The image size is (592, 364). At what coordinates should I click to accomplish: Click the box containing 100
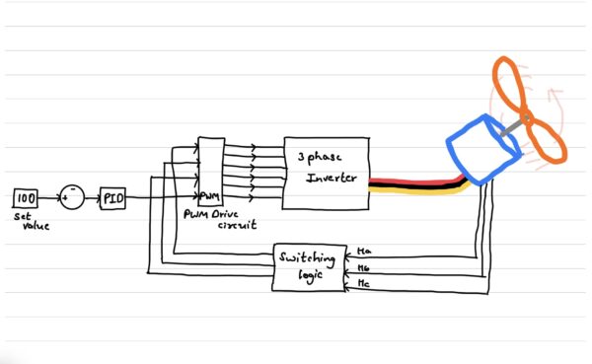point(27,197)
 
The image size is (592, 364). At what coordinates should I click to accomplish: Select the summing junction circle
point(70,196)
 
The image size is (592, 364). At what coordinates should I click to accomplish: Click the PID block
point(113,197)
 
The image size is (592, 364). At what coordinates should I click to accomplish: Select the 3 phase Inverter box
point(327,173)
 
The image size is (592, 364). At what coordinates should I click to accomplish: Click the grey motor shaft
point(511,128)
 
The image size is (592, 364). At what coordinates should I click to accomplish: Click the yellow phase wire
point(414,191)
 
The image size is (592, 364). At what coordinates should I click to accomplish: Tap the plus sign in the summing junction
point(66,198)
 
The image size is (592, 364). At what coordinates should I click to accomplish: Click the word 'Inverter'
point(329,179)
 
